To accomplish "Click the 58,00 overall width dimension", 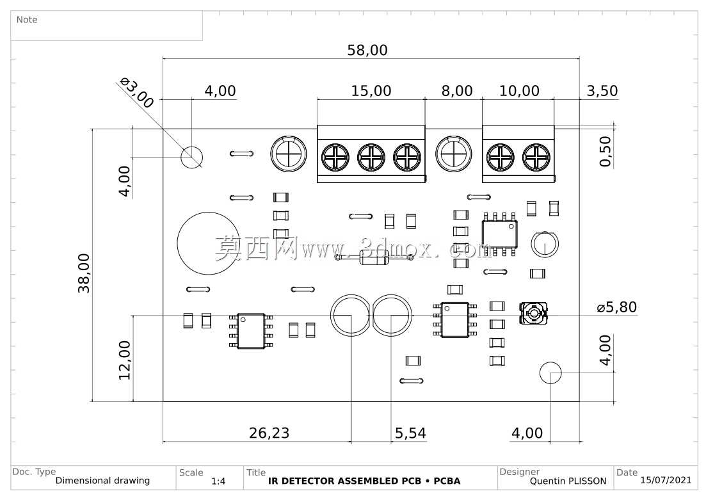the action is point(367,50).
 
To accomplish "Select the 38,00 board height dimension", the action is point(84,273).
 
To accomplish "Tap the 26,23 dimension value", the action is point(269,433).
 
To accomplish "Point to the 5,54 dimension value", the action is point(410,433).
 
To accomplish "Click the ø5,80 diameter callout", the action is point(617,307).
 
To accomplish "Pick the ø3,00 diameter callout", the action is point(137,93).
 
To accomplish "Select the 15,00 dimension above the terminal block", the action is point(371,90).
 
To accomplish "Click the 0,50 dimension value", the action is point(606,151).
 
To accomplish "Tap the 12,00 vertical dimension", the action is point(125,360).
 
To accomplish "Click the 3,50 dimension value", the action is point(602,90).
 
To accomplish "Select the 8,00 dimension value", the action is point(457,90).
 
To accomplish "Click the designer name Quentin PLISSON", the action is point(568,481).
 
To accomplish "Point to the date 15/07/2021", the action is point(666,480).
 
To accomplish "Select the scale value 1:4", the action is point(218,481).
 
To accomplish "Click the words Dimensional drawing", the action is point(102,481).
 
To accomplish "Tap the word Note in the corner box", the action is point(27,20).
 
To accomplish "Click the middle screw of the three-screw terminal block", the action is point(371,157).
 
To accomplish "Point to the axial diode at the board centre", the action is point(374,257).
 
